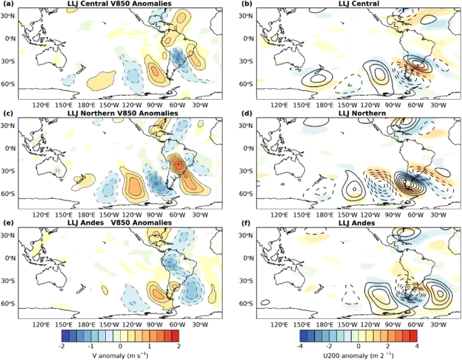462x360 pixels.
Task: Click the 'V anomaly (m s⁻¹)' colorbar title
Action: tap(120, 354)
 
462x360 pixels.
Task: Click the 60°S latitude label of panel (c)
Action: tap(9, 193)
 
